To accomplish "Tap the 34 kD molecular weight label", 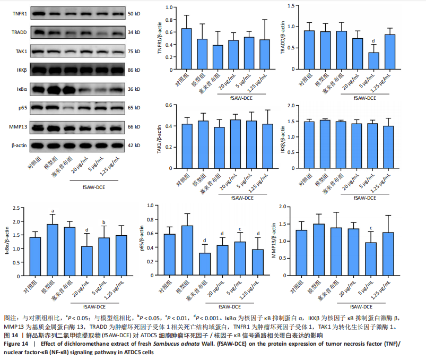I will click(x=134, y=32).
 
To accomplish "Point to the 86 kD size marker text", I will click(x=134, y=70).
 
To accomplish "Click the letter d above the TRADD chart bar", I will click(x=374, y=41).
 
